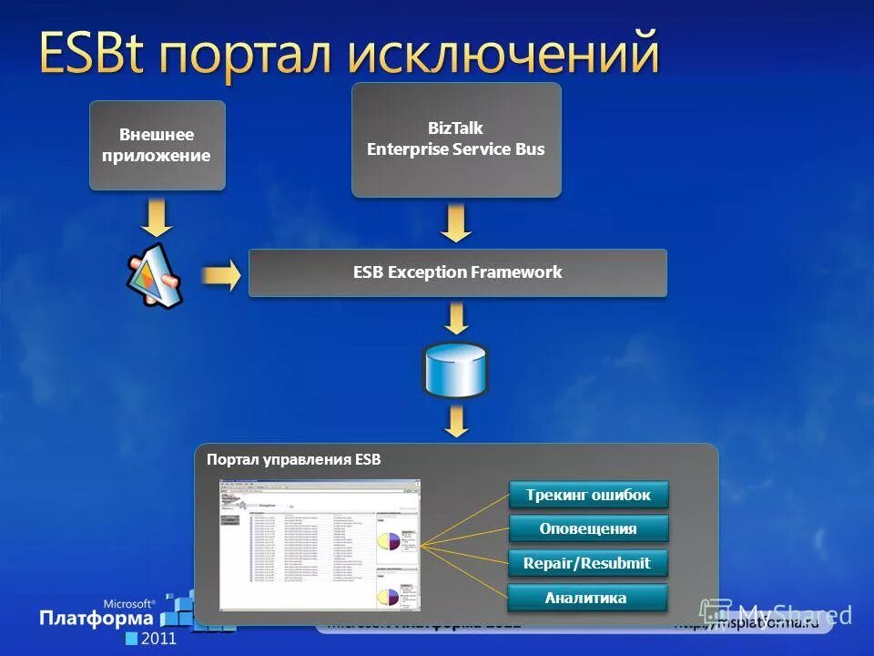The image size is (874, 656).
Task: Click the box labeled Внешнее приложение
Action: pyautogui.click(x=157, y=145)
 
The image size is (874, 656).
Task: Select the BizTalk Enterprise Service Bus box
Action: pyautogui.click(x=456, y=139)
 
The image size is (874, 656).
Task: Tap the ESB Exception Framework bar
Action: pyautogui.click(x=457, y=272)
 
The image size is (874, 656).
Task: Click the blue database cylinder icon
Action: pyautogui.click(x=455, y=370)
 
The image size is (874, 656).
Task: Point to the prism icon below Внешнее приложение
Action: pyautogui.click(x=155, y=272)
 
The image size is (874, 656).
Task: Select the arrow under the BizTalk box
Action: pyautogui.click(x=456, y=221)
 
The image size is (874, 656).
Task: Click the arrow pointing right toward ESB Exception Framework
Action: pyautogui.click(x=219, y=273)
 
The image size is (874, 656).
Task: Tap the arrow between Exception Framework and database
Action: pyautogui.click(x=456, y=318)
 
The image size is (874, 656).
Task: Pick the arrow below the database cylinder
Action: pyautogui.click(x=456, y=421)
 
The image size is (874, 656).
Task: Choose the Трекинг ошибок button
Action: pyautogui.click(x=588, y=495)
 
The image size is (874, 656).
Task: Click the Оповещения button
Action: pyautogui.click(x=588, y=528)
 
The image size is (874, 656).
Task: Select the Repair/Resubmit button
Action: pyautogui.click(x=588, y=563)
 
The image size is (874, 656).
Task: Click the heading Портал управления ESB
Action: pyautogui.click(x=293, y=459)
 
